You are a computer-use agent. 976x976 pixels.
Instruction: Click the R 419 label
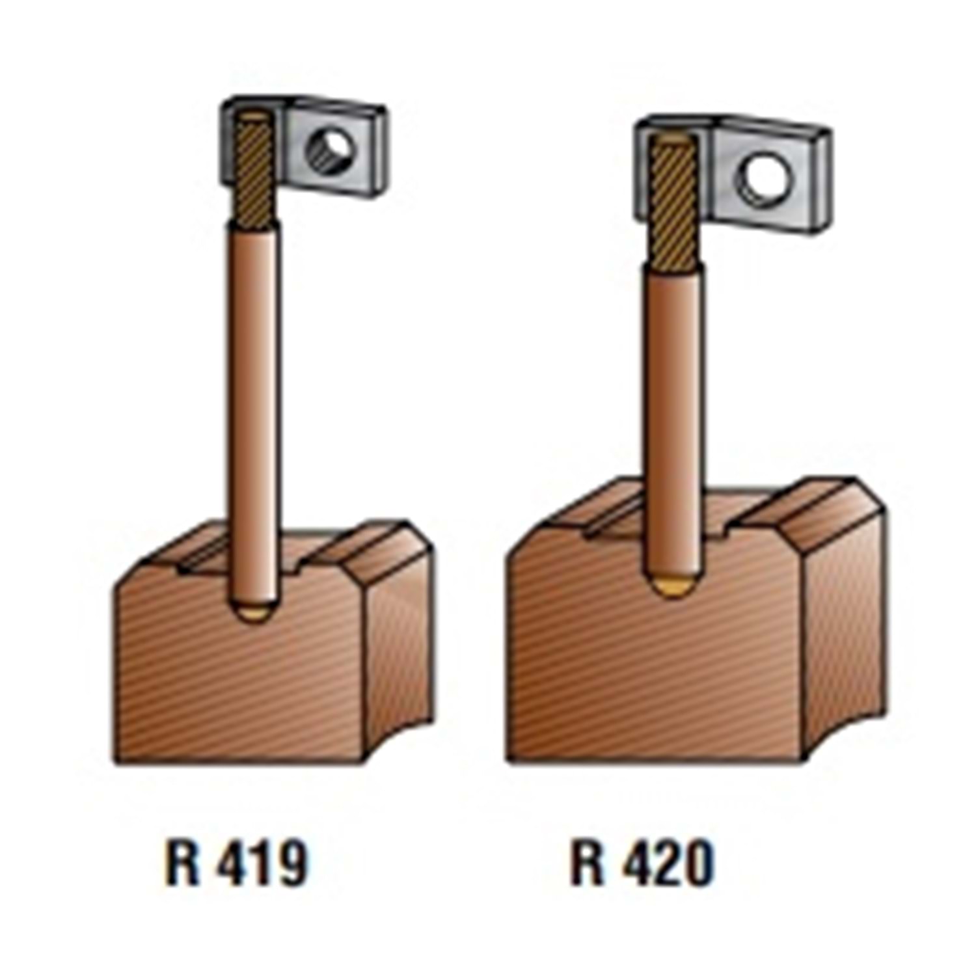pyautogui.click(x=236, y=864)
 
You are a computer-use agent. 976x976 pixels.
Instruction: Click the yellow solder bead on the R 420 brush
pyautogui.click(x=675, y=588)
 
